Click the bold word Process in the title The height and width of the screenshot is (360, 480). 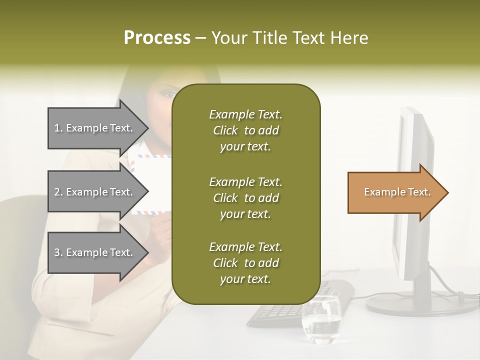157,38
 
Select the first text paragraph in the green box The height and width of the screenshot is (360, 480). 245,130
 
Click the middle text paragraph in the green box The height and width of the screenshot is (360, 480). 245,198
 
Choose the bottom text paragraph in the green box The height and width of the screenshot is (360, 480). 245,263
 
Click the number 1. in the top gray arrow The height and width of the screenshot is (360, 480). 58,128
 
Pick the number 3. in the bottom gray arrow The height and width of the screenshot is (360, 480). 58,252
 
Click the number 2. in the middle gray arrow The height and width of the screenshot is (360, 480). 58,192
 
